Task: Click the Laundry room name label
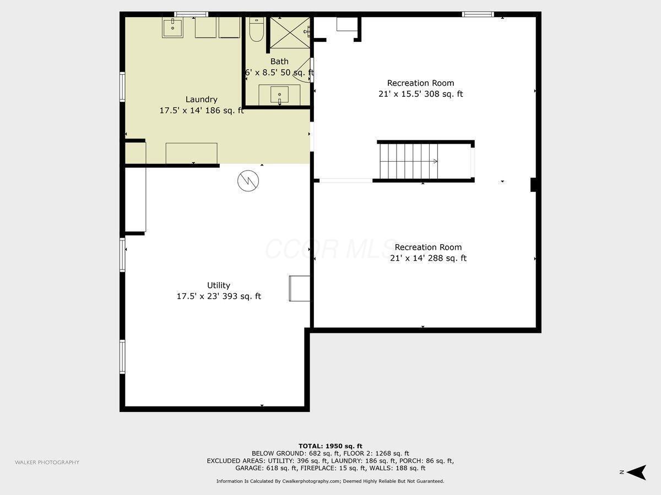[201, 100]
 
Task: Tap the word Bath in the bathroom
[279, 62]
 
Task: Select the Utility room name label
[219, 285]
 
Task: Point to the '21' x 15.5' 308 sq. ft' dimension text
[420, 94]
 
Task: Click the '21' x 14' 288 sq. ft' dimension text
[428, 258]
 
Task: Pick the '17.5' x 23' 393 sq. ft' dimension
[219, 296]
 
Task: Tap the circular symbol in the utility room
[248, 180]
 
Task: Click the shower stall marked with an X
[289, 32]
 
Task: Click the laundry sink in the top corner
[172, 27]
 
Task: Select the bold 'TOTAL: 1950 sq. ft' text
[330, 446]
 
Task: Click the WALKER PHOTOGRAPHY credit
[47, 463]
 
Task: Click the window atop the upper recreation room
[478, 14]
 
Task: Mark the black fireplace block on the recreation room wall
[534, 185]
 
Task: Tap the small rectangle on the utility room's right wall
[299, 288]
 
